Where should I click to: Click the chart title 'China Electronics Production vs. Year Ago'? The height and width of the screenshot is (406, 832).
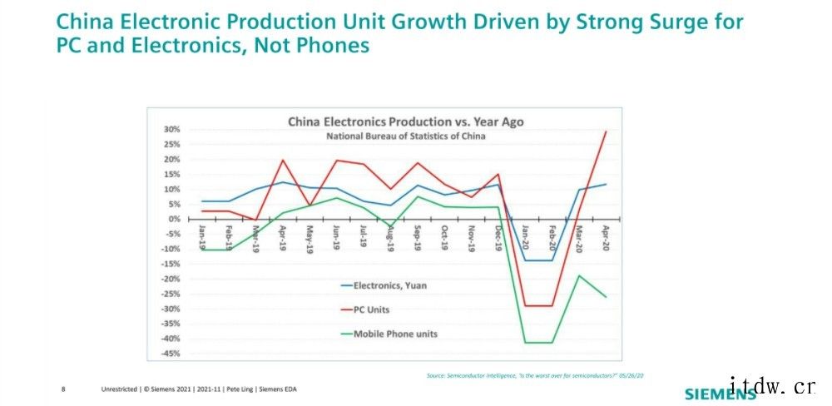pos(406,121)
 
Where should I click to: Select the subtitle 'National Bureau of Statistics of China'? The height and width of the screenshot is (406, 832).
pos(406,136)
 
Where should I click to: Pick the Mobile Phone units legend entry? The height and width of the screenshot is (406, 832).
pos(395,334)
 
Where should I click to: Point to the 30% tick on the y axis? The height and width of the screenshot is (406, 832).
pos(171,130)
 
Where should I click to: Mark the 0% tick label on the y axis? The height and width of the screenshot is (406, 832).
pos(173,219)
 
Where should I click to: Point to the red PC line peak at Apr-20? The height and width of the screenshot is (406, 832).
pos(605,131)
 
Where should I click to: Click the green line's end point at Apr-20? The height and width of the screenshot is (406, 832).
pos(605,297)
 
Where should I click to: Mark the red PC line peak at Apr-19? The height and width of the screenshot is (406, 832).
pos(283,160)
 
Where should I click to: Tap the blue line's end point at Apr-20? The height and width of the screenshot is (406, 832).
pos(605,184)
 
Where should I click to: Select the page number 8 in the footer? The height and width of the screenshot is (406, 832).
pos(64,389)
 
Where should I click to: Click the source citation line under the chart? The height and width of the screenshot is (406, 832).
pos(535,375)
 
